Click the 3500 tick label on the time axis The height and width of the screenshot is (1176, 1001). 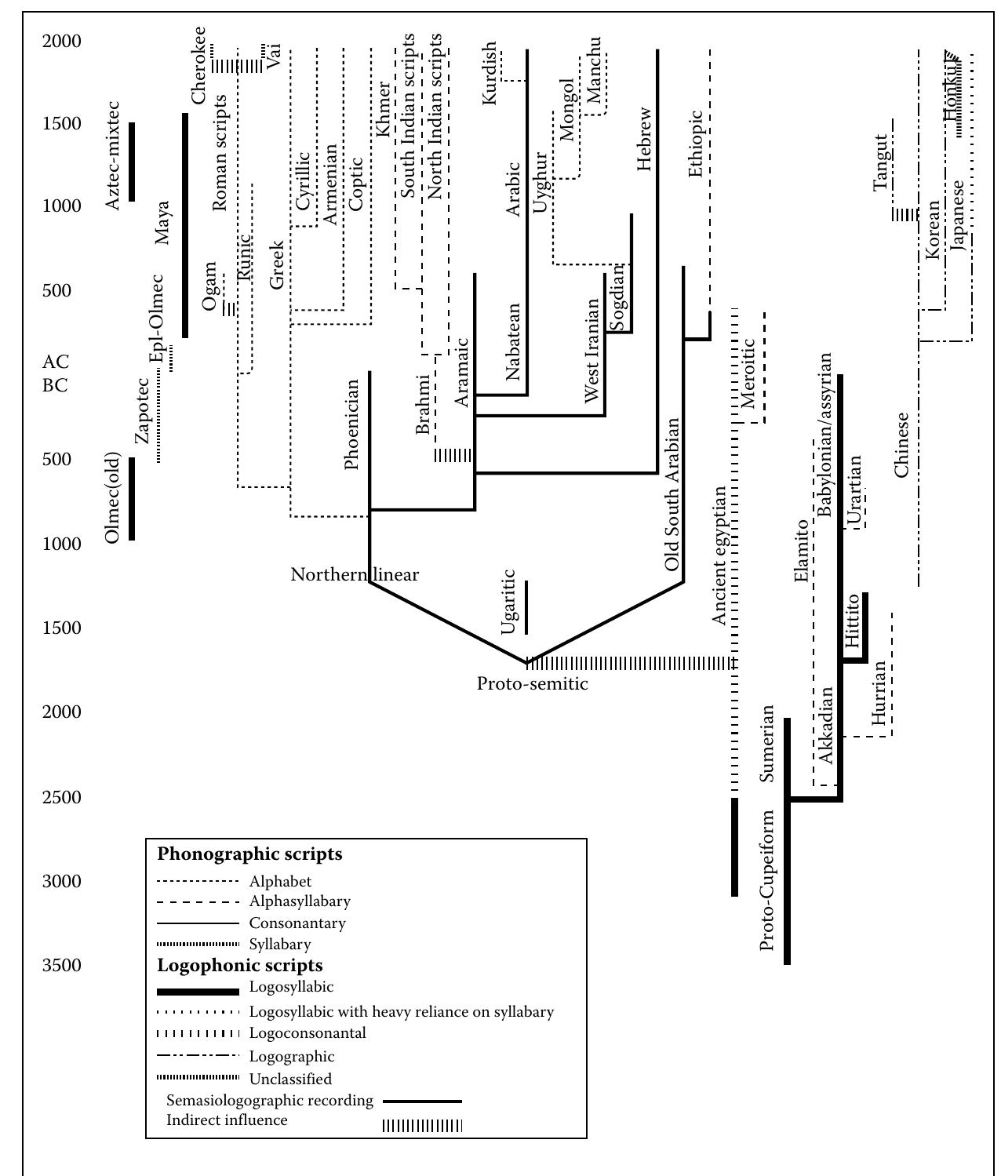point(61,965)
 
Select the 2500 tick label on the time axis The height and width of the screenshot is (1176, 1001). point(61,797)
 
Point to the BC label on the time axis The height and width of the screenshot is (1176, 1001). point(56,385)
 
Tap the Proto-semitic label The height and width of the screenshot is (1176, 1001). point(532,684)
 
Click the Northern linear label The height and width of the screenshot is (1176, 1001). point(355,575)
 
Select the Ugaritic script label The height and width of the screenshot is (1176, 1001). point(508,602)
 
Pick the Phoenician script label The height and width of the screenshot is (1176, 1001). point(352,424)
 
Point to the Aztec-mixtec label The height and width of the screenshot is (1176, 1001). point(113,155)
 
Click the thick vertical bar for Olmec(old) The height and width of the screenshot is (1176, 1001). point(132,499)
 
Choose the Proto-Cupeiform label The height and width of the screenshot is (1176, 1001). point(767,880)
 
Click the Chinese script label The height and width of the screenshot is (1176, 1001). point(901,445)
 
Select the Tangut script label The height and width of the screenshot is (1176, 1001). point(882,162)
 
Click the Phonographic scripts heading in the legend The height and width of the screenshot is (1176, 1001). point(249,854)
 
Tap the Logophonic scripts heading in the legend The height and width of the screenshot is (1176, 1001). point(240,965)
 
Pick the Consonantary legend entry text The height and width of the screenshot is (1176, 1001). point(297,923)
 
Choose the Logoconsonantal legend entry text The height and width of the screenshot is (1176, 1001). point(308,1033)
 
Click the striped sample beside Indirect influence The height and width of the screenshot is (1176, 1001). point(422,1126)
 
